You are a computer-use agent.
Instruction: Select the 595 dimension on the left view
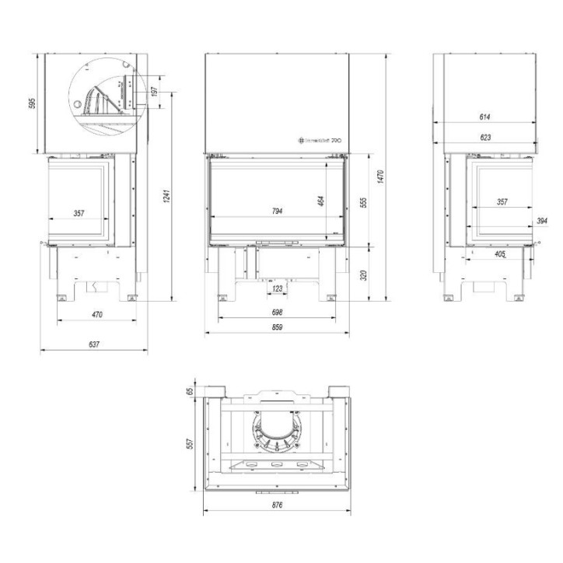(x=33, y=103)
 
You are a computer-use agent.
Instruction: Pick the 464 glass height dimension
(x=321, y=201)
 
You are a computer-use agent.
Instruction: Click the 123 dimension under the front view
(x=278, y=288)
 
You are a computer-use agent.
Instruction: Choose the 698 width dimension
(x=278, y=312)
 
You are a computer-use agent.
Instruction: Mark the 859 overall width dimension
(x=278, y=328)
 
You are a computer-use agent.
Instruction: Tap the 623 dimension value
(x=484, y=138)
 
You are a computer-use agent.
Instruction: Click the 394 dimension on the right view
(x=542, y=222)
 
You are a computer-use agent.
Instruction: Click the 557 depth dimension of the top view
(x=189, y=442)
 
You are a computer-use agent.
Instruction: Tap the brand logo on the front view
(x=319, y=141)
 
